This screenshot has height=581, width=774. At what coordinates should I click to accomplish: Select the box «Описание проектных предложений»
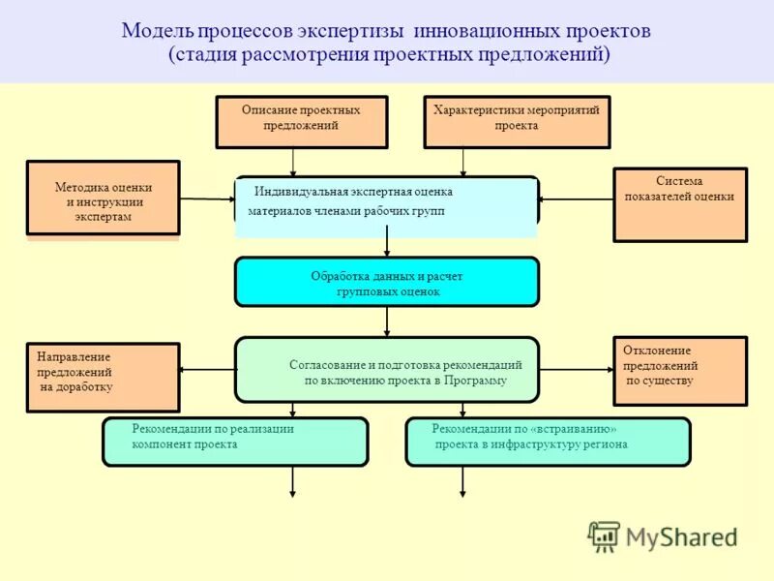(x=301, y=121)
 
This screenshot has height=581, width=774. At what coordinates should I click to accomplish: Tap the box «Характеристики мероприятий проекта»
(x=517, y=121)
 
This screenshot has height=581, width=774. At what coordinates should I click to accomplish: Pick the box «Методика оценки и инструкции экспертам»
(x=103, y=198)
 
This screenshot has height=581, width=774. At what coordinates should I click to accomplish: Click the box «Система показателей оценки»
(x=679, y=203)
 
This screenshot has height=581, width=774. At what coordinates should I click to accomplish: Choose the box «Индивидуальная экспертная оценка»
(x=386, y=204)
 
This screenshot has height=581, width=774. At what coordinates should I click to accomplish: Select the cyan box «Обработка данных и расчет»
(x=386, y=282)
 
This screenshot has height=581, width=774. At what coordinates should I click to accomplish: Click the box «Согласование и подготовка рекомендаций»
(x=386, y=369)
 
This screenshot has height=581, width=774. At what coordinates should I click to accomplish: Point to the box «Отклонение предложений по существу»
(x=679, y=370)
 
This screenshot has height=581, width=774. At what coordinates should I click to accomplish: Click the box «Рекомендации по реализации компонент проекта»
(x=235, y=442)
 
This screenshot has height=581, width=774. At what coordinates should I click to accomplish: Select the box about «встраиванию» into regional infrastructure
(x=547, y=442)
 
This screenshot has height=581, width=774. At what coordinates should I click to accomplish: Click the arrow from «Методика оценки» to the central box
(x=207, y=199)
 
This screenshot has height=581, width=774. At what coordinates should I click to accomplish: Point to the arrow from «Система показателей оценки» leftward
(x=576, y=199)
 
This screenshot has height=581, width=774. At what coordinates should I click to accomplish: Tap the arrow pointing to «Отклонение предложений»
(x=576, y=369)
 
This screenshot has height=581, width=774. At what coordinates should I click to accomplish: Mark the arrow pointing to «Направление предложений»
(x=208, y=369)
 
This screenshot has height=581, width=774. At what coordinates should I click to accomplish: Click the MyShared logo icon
(x=604, y=535)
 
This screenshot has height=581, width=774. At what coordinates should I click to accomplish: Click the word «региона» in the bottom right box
(x=604, y=444)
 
